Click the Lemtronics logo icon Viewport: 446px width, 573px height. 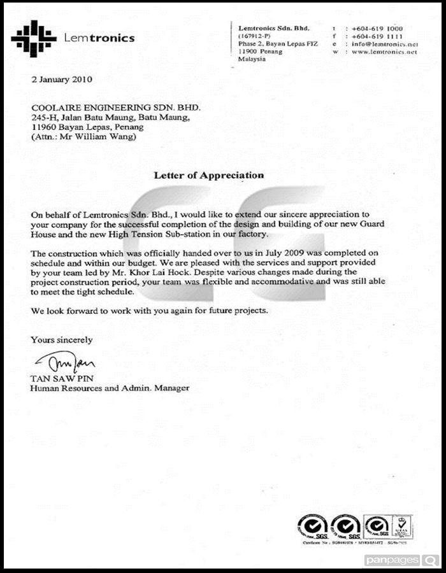34,38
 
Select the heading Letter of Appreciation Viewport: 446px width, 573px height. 208,174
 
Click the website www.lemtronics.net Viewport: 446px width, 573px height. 384,52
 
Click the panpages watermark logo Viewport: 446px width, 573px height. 401,560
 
